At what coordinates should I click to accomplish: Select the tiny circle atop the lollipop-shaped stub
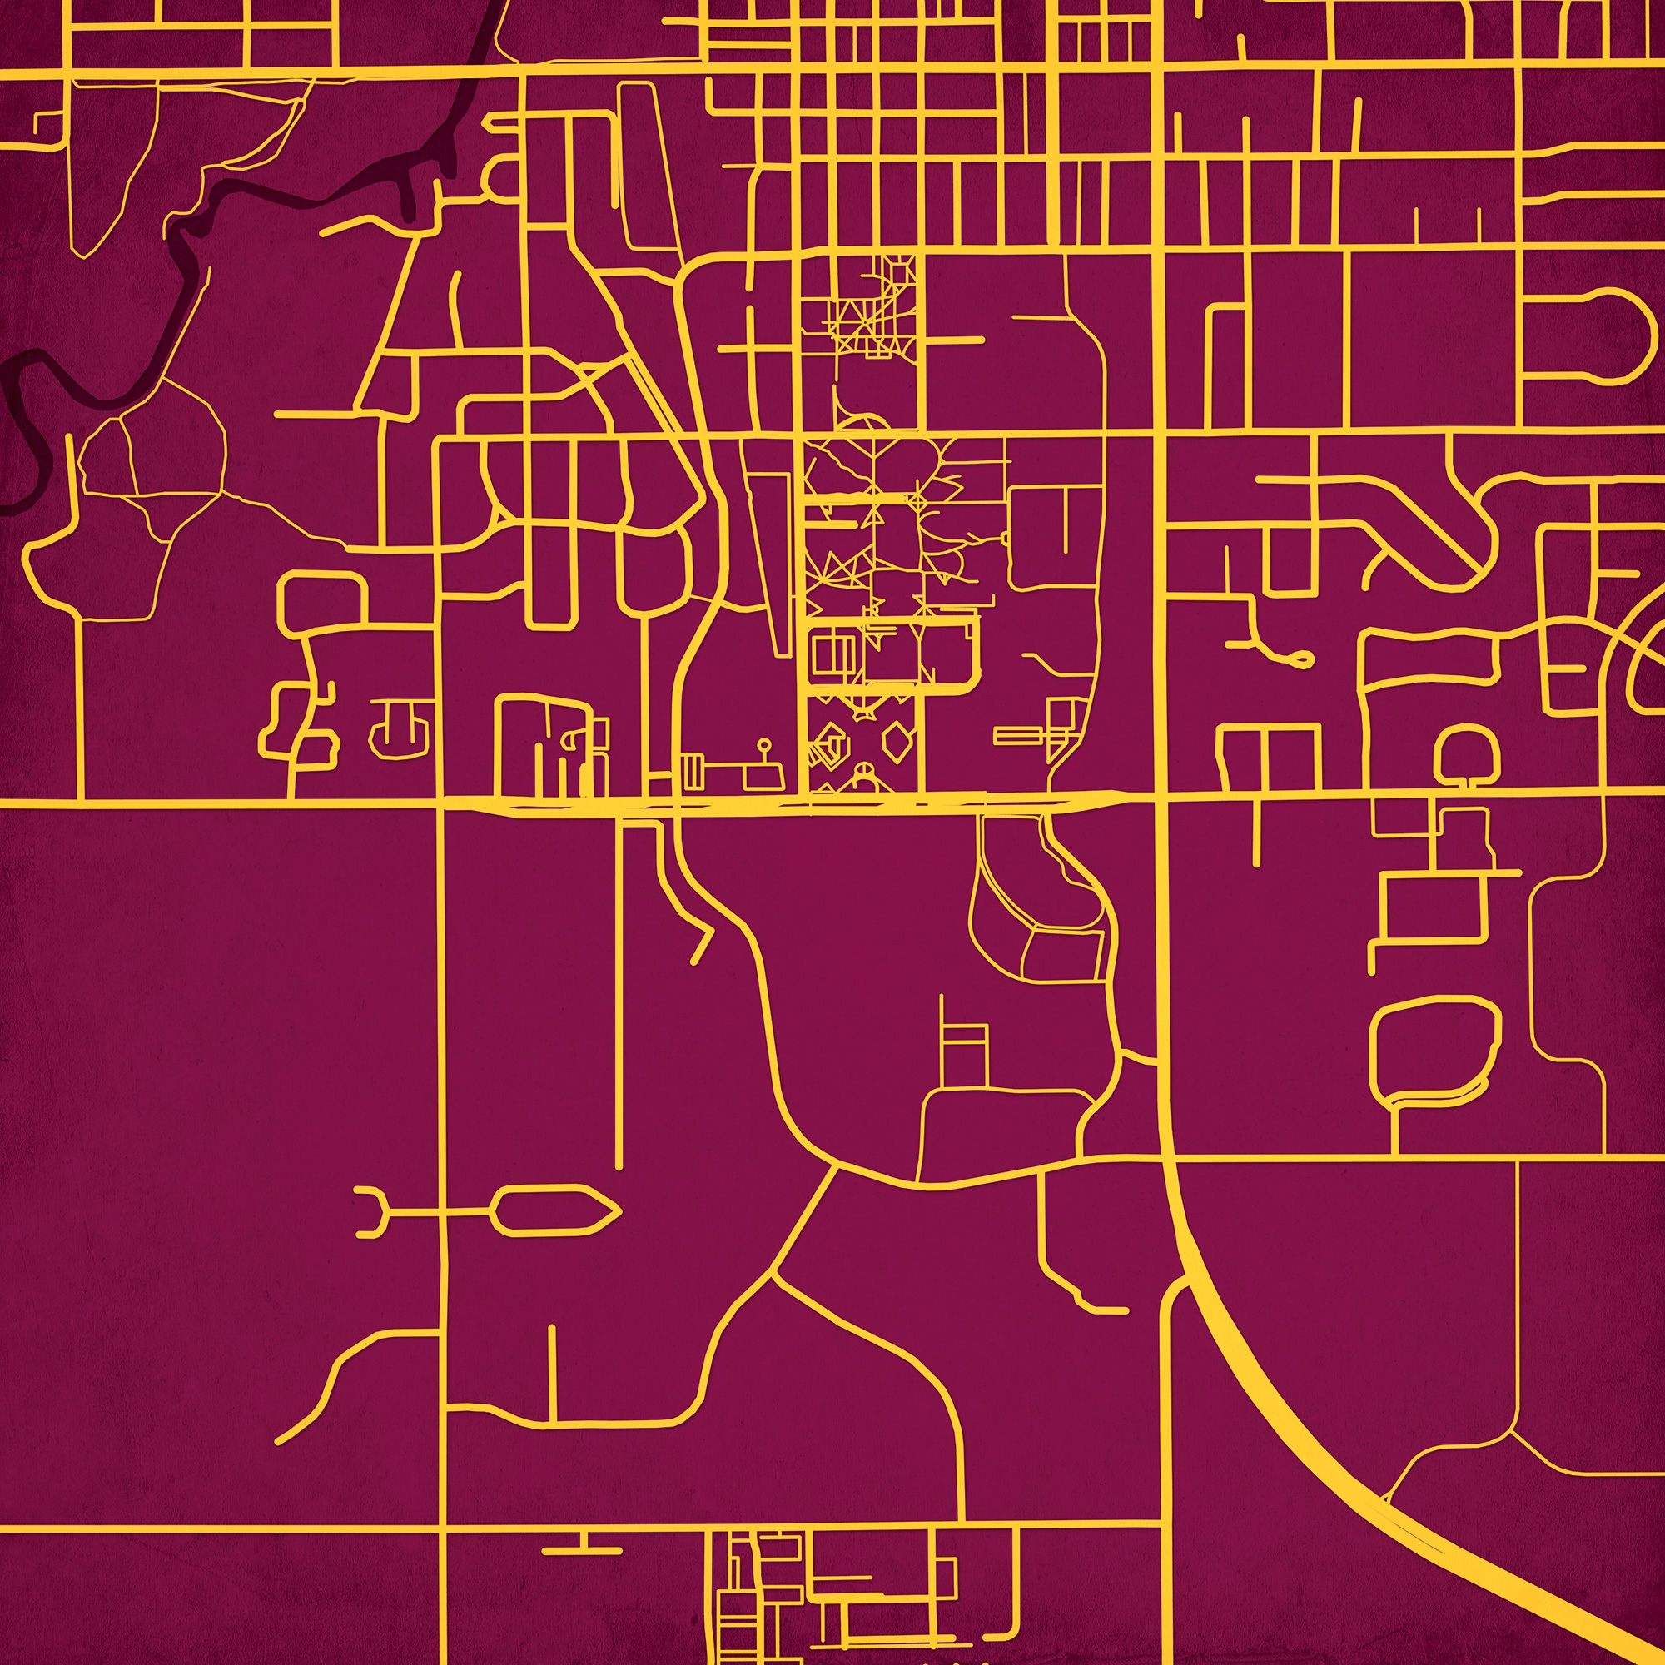point(763,742)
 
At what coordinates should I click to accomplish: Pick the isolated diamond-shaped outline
point(898,740)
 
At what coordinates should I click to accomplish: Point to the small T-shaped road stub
point(583,1544)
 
